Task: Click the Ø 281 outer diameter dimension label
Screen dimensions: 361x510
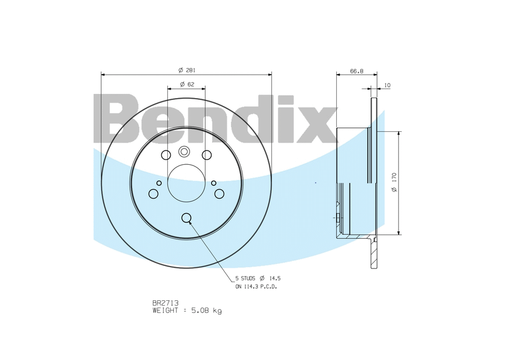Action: coord(186,70)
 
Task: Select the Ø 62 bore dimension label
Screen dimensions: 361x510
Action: coord(186,84)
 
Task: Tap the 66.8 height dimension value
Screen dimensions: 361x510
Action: coord(357,71)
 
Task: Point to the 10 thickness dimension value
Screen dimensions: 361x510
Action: coord(387,85)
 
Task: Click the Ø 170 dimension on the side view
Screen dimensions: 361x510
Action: coord(394,182)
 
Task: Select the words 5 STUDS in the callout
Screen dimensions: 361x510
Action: coord(245,279)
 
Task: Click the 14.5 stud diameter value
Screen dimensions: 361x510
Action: coord(274,279)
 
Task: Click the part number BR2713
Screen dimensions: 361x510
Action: coord(165,303)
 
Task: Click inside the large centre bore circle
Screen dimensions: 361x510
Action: coord(186,183)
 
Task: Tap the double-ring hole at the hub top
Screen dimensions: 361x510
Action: coord(184,152)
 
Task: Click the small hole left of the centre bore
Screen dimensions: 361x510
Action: coord(159,183)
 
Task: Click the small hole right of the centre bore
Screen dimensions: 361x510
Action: coord(214,183)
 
